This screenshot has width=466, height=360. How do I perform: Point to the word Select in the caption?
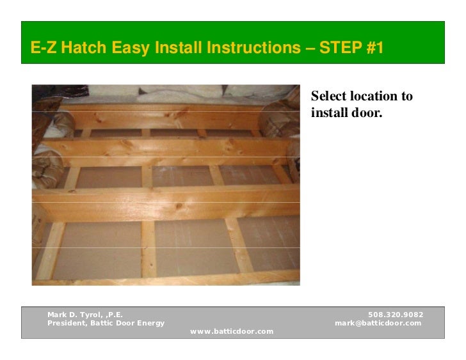(327, 97)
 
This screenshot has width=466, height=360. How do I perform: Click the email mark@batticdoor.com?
(378, 323)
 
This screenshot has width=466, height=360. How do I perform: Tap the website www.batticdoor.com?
(232, 331)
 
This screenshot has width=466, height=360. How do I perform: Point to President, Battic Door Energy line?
(106, 323)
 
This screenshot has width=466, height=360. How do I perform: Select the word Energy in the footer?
(149, 323)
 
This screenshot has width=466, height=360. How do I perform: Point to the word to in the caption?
(406, 97)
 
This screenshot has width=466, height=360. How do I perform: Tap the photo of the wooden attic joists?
(166, 185)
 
